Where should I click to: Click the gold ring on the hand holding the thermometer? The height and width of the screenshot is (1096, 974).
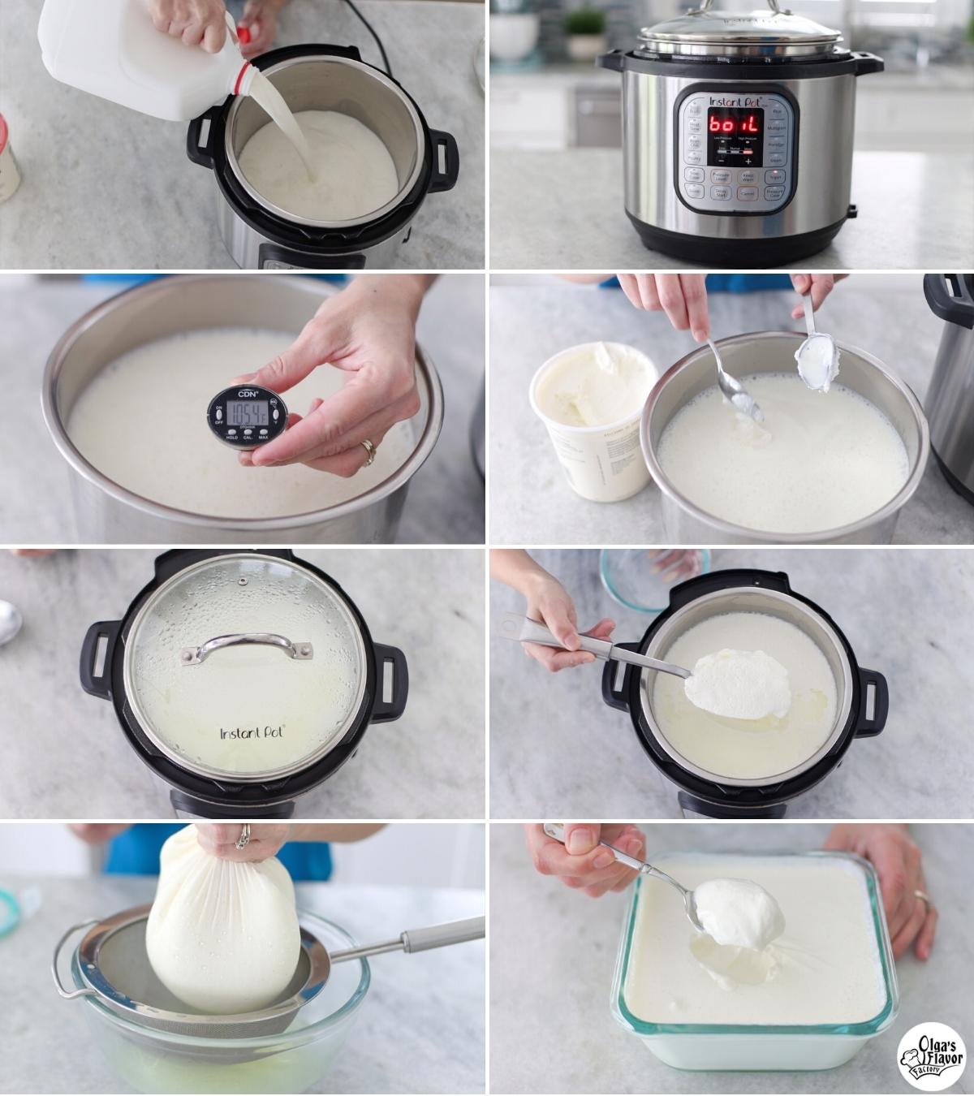tap(368, 448)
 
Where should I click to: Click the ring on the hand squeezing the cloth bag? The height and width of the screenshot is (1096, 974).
tap(242, 836)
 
